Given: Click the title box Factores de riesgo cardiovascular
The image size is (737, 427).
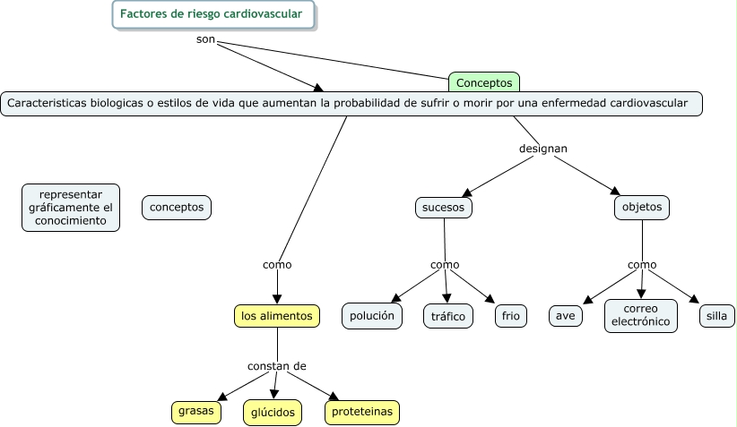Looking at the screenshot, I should pos(213,14).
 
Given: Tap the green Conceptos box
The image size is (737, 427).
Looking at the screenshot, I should pos(484,82).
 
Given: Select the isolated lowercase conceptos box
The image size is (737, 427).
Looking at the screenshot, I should pos(177,208).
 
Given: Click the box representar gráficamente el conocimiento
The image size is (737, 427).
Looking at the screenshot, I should pos(71,208).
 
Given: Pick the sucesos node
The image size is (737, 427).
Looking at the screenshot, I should pos(444,208).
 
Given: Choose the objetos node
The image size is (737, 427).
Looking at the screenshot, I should pos(642,208).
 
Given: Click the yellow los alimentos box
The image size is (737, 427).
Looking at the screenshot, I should pos(277,316).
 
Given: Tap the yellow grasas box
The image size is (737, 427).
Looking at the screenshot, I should pos(196,412).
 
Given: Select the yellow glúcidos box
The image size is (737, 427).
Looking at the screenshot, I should pos(272,412).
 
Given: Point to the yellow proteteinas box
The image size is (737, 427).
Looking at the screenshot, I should pos(361,412).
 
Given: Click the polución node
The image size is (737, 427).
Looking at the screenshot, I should pos(372,316).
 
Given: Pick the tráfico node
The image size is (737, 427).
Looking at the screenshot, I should pos(447,316).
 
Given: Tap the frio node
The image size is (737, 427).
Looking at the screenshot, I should pos(511,316).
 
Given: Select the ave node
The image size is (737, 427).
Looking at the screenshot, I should pos(565,316).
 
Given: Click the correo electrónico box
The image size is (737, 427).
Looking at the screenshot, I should pos(641,315).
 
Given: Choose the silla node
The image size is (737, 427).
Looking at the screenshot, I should pos(716,316).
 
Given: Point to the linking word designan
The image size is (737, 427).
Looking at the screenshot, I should pos(543,148).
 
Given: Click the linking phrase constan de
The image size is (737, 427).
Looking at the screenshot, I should pos(277,366).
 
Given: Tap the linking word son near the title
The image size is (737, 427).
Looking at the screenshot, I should pos(205,40).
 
